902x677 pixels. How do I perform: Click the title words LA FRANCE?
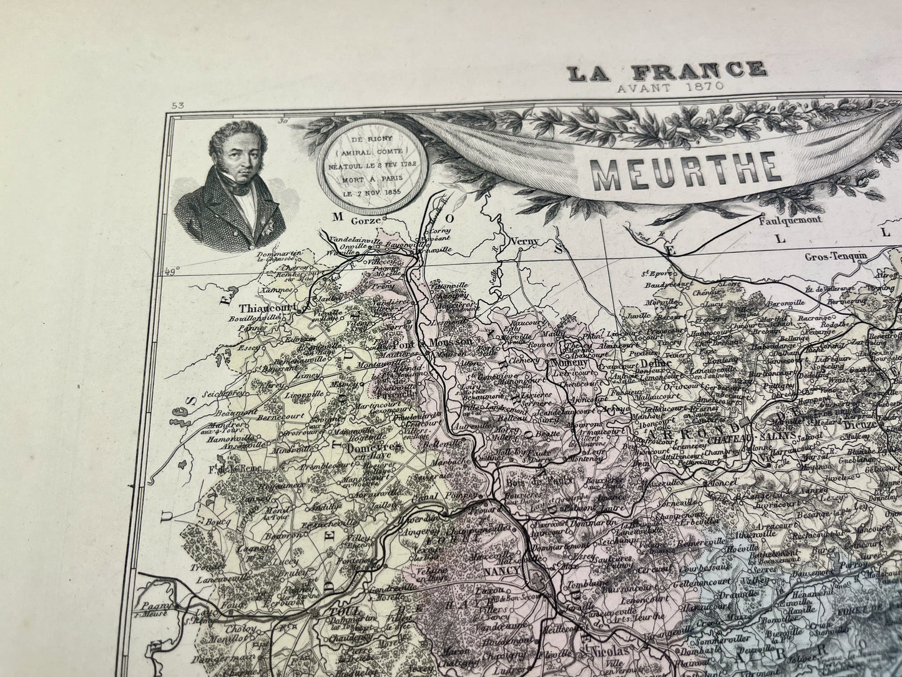coord(666,70)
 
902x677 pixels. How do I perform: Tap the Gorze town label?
coord(366,217)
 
